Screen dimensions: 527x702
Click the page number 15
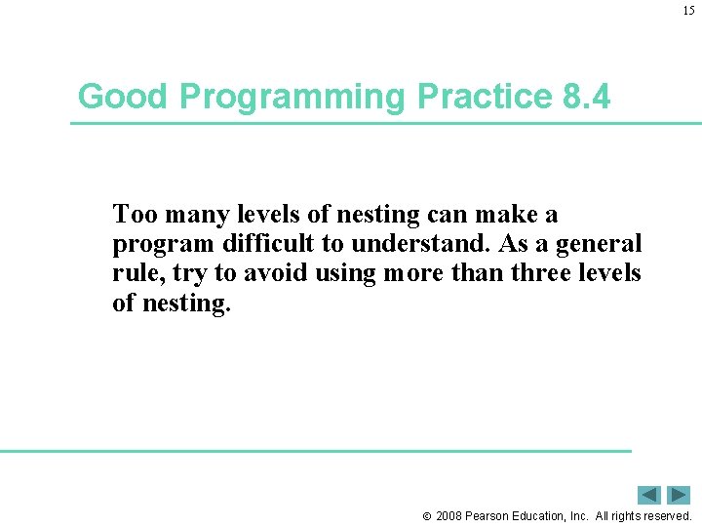pyautogui.click(x=688, y=11)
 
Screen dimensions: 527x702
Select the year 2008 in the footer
pyautogui.click(x=450, y=515)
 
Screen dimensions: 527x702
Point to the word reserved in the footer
pyautogui.click(x=665, y=515)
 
